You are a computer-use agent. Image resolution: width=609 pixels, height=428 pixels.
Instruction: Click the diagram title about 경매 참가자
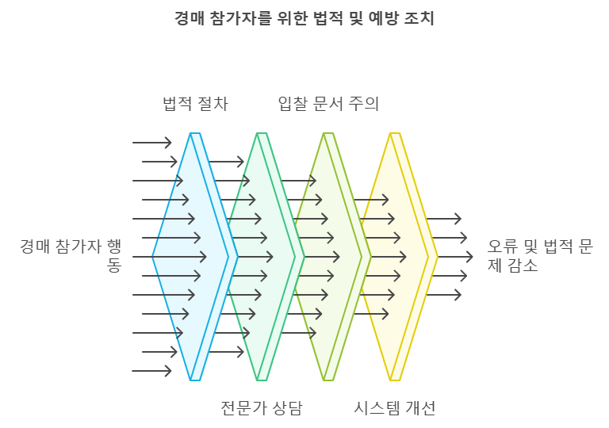pos(304,18)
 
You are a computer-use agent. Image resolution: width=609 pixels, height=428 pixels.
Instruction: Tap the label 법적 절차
pos(195,104)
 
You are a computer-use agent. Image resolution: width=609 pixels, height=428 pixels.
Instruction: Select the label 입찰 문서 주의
pos(328,104)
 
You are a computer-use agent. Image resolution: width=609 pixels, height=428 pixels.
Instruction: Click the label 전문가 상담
pos(262,408)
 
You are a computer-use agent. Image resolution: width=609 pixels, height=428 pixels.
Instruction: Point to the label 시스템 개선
pos(395,408)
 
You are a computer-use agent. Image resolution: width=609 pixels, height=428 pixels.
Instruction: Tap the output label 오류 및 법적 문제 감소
pos(539,255)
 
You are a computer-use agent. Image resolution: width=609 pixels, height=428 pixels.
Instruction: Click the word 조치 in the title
pos(421,18)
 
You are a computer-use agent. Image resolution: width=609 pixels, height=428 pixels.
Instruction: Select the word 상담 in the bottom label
pos(286,408)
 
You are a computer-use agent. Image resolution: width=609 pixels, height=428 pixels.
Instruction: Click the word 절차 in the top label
pos(212,104)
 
